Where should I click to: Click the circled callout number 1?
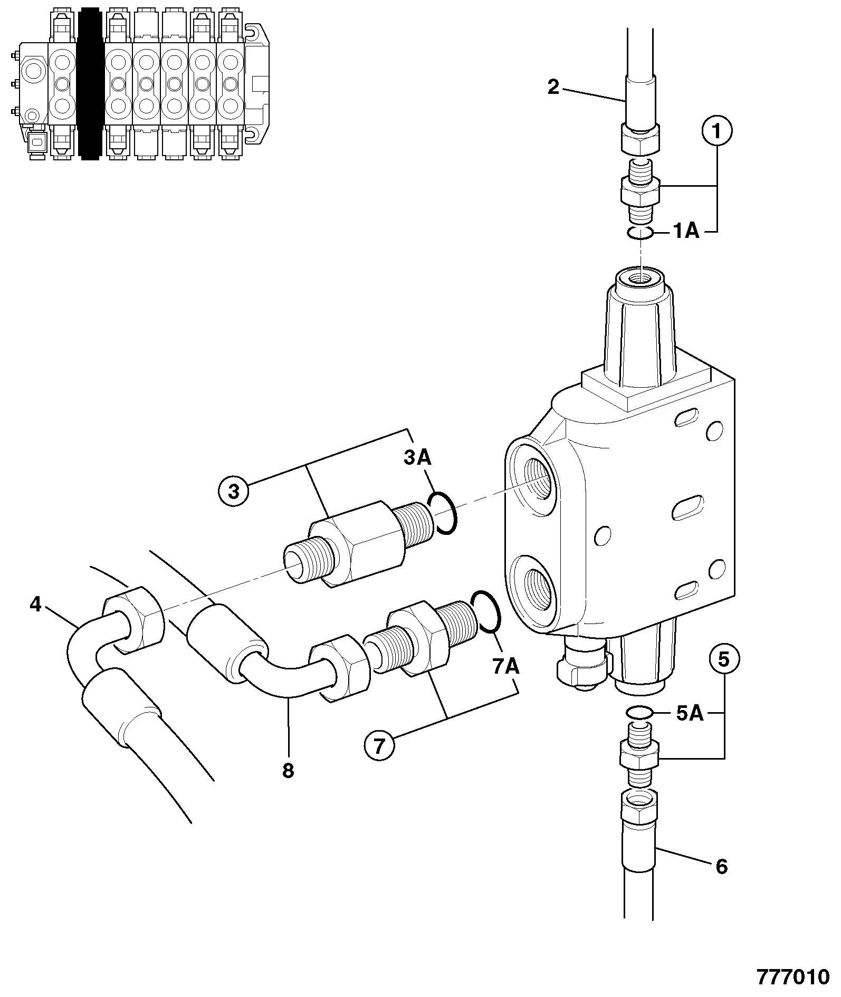[x=716, y=131]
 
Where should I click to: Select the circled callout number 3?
[x=234, y=491]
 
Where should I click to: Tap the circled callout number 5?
[x=724, y=659]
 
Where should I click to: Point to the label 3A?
[x=417, y=458]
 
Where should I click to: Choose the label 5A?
[x=690, y=713]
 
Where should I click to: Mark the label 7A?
[x=506, y=667]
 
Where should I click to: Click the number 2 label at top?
[x=553, y=87]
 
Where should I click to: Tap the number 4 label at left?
[x=35, y=604]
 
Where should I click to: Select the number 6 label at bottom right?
[x=721, y=866]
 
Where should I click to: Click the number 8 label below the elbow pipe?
[x=288, y=771]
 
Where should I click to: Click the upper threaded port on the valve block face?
[x=532, y=476]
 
